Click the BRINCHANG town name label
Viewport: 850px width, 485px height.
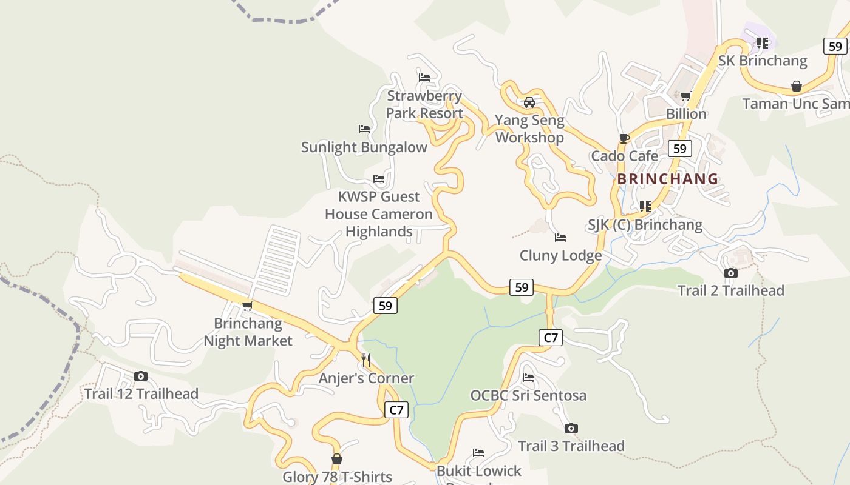(668, 179)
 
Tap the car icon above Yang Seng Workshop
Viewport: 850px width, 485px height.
(529, 102)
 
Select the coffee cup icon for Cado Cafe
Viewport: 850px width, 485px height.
(625, 138)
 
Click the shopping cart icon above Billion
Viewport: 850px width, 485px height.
(686, 96)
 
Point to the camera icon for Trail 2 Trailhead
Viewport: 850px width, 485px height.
(731, 273)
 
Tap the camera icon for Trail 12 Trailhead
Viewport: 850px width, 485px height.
(141, 376)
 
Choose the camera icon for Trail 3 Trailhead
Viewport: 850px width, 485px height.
(571, 429)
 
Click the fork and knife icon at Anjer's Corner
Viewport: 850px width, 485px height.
(366, 360)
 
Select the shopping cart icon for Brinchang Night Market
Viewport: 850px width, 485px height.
(247, 306)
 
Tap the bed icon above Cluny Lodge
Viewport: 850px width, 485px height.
(560, 238)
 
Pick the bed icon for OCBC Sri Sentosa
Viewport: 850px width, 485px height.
(528, 378)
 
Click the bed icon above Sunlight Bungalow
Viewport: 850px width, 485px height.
(364, 129)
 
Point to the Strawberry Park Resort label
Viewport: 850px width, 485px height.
(424, 104)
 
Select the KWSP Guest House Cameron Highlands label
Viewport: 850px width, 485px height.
(379, 214)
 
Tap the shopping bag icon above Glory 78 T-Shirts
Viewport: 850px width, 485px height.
(337, 460)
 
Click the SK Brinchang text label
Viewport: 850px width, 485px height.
(763, 61)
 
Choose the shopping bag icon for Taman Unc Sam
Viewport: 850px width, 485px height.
(797, 87)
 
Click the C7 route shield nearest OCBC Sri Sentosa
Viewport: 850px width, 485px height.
(550, 338)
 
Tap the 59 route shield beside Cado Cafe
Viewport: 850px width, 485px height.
(680, 149)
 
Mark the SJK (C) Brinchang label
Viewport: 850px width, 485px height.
(645, 225)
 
